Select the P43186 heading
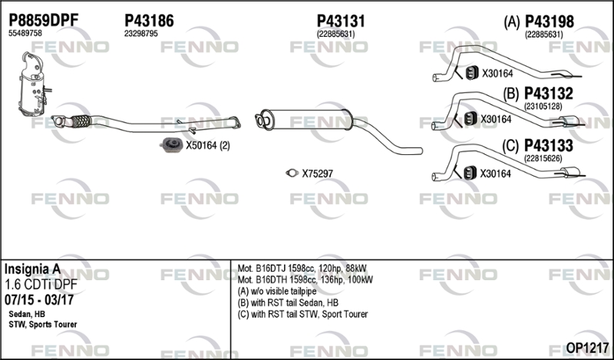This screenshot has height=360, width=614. coord(148,21)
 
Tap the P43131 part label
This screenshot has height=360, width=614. coord(340,21)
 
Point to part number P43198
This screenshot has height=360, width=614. coord(549,22)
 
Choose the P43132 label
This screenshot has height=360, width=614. coord(549,94)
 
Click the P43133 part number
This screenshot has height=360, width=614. coord(549,145)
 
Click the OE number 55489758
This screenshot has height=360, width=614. coord(25,34)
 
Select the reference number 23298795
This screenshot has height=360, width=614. coord(140,34)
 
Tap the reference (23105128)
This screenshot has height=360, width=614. coord(543,107)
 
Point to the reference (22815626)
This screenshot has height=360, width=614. coord(543,158)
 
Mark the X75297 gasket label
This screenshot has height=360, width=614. coord(317,173)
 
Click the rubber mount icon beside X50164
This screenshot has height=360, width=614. coord(172,145)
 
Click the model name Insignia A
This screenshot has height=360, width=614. coord(33,269)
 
